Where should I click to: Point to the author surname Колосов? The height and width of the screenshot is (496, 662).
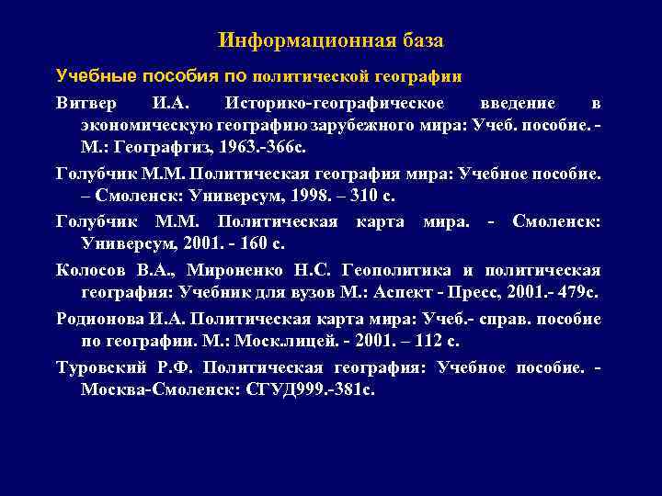point(90,270)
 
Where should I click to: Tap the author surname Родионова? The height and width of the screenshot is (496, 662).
point(96,319)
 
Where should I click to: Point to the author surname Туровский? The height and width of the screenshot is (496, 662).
point(95,367)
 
